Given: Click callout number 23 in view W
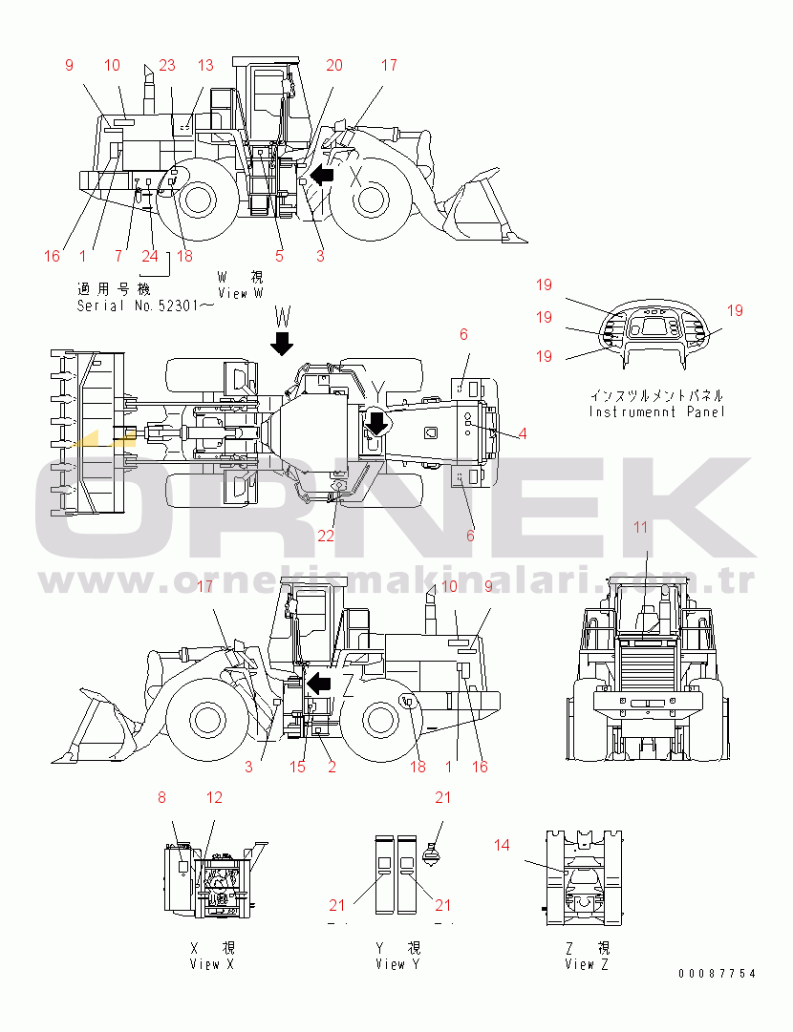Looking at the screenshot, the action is tap(167, 65).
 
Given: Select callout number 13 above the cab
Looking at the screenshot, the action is tap(205, 65).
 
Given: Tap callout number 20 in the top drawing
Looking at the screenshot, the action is tap(334, 65).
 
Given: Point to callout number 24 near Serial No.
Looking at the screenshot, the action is tap(150, 256).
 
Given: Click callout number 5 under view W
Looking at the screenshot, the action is tap(279, 256).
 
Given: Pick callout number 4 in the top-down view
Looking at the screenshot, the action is tap(523, 433).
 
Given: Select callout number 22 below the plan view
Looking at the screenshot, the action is tap(326, 536).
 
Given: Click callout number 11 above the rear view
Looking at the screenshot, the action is tap(641, 527).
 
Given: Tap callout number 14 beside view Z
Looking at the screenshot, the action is tap(502, 845).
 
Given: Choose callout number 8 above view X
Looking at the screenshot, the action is tap(162, 798).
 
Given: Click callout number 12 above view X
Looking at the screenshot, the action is tap(214, 798).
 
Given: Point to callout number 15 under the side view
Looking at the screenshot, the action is tap(298, 767).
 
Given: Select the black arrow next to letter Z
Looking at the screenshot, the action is tap(319, 684).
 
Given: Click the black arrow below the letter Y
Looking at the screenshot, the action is tap(376, 422).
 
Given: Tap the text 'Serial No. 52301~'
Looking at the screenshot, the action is tap(145, 306).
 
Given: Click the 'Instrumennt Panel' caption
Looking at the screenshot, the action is tap(656, 412).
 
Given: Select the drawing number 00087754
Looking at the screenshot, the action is tap(718, 974).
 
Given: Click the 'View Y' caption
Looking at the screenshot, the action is tap(397, 964).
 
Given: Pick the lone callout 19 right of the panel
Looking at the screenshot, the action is tap(735, 310).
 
